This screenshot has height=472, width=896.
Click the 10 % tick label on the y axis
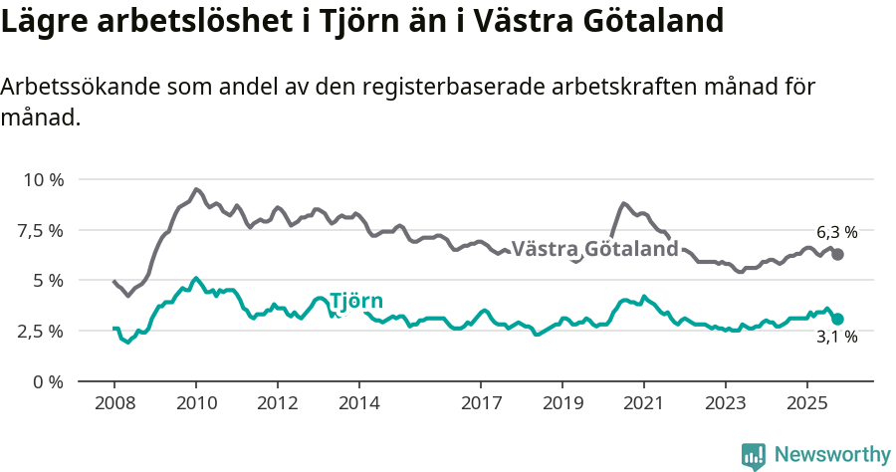click(x=42, y=180)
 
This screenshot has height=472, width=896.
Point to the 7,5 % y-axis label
click(x=42, y=230)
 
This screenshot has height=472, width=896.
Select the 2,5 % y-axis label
click(x=42, y=331)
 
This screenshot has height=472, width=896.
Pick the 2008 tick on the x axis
click(x=114, y=405)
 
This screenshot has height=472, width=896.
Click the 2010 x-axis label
click(x=196, y=405)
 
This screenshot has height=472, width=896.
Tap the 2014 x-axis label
click(x=359, y=405)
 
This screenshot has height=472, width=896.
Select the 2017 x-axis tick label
click(x=481, y=405)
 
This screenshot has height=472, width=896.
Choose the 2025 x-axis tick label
click(x=806, y=405)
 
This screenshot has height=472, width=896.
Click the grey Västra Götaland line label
click(x=594, y=249)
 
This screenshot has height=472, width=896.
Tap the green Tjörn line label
click(x=355, y=302)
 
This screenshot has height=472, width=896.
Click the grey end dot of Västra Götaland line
click(x=838, y=255)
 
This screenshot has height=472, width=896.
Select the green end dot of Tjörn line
click(x=838, y=319)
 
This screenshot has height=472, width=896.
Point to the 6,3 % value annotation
click(x=836, y=232)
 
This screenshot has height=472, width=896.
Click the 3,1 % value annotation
click(x=836, y=338)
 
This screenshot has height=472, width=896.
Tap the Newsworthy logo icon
click(x=753, y=455)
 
